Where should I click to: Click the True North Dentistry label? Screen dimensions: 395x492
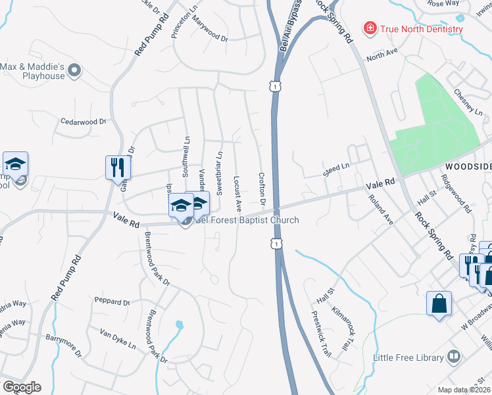point(422,29)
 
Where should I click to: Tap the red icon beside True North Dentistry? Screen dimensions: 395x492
point(370,28)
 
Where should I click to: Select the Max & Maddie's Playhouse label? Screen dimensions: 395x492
point(33,71)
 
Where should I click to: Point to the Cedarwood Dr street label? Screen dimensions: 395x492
point(83,122)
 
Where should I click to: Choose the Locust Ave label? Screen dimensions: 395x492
point(237,192)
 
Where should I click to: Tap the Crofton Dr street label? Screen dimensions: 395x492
point(261,188)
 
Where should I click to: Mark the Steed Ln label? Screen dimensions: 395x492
point(335,170)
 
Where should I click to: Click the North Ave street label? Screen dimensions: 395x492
point(383,52)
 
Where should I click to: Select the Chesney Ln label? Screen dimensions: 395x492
point(468,103)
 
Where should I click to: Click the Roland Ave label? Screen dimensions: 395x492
point(380,210)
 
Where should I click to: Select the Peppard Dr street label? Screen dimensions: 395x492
point(112,302)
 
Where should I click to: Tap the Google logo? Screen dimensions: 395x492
point(22,387)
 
